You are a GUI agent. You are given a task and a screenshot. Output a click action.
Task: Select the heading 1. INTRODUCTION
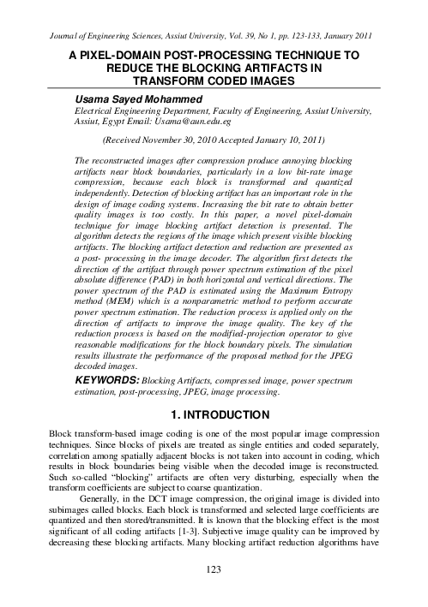pos(214,437)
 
